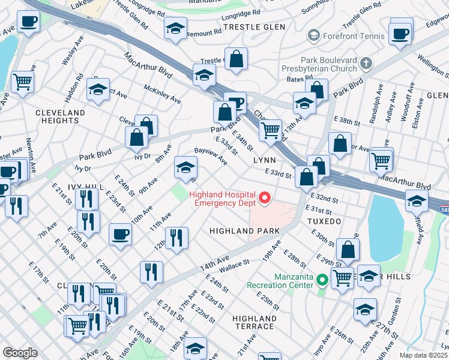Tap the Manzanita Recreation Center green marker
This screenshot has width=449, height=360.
pos(322,280)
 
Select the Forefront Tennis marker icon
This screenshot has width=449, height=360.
pos(313,36)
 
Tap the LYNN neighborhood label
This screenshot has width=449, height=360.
pos(265,161)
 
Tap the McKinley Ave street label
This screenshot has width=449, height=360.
pos(162,94)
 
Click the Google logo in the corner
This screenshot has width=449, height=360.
pos(20,353)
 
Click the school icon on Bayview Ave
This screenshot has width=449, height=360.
pos(186,167)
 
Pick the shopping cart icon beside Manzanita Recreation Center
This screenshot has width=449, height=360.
pos(342,277)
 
